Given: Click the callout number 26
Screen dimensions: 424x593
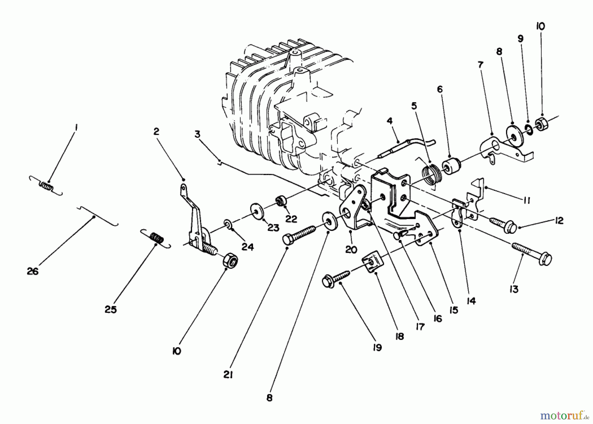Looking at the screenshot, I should [x=33, y=271].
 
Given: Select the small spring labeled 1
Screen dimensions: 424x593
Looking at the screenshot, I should [x=46, y=186].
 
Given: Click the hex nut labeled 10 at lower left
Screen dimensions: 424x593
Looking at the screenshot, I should [x=231, y=261].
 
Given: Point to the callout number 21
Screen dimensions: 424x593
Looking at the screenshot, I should [x=228, y=375].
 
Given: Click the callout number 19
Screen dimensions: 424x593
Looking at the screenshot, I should [x=377, y=347].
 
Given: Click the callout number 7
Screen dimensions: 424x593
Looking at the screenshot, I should [x=481, y=65].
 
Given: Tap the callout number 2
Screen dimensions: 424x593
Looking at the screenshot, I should [x=156, y=132].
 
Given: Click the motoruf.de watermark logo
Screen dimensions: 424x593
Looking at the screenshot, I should [x=565, y=415].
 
